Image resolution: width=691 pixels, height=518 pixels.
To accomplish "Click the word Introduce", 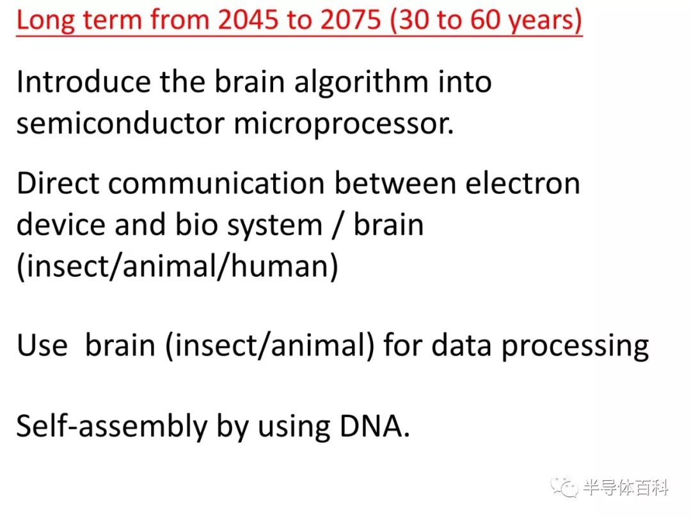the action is click(x=83, y=81).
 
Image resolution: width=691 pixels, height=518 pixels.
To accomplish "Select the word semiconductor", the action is click(x=120, y=123).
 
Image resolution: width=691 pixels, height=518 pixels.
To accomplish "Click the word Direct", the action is click(x=58, y=184).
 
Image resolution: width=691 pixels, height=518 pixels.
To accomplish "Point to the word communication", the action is click(x=216, y=184).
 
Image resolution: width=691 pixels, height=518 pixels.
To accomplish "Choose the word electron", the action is click(x=523, y=184).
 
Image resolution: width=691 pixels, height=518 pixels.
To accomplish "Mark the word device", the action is click(x=61, y=224).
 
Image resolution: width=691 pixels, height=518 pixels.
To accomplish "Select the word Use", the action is click(x=42, y=345).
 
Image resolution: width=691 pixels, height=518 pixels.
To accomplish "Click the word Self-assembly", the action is click(x=112, y=427).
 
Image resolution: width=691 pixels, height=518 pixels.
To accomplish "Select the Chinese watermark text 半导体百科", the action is click(x=625, y=487).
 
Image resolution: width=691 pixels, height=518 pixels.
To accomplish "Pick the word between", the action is click(x=395, y=184).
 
